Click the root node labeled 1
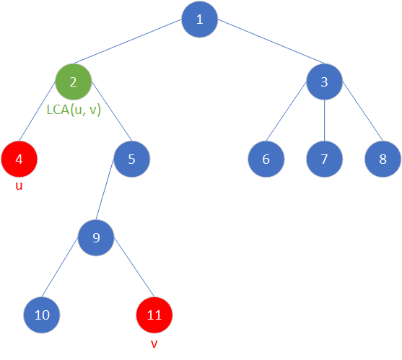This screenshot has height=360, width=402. pyautogui.click(x=199, y=19)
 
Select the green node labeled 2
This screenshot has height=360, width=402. pyautogui.click(x=74, y=82)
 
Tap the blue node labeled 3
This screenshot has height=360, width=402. pyautogui.click(x=324, y=82)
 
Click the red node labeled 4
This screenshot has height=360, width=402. pyautogui.click(x=19, y=159)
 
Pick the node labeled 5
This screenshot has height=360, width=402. pyautogui.click(x=131, y=159)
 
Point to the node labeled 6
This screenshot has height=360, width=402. pyautogui.click(x=266, y=159)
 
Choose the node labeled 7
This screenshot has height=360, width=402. pyautogui.click(x=324, y=159)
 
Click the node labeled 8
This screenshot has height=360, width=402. pyautogui.click(x=383, y=159)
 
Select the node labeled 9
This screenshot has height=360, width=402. pyautogui.click(x=97, y=237)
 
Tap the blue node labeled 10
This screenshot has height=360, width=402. pyautogui.click(x=41, y=315)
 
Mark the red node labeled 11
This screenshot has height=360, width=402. pyautogui.click(x=154, y=315)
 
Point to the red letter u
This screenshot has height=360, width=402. pyautogui.click(x=19, y=187)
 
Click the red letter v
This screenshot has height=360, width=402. pyautogui.click(x=154, y=343)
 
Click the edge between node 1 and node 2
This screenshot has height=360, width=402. pyautogui.click(x=136, y=51)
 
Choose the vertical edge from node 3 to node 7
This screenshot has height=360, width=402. pyautogui.click(x=324, y=120)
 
